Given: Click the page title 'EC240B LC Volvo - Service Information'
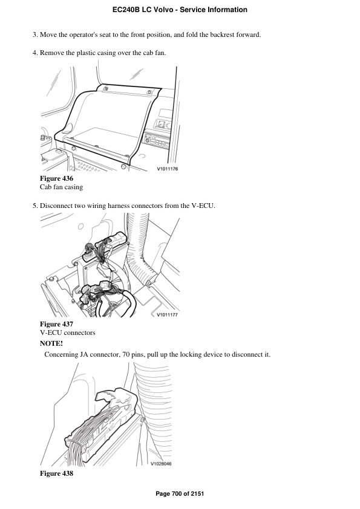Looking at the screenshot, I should [180, 10].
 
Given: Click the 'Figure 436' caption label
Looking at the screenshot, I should [56, 179].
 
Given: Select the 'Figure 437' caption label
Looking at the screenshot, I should [56, 325].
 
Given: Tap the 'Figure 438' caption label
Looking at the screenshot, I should [56, 473].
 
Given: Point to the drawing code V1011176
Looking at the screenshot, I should [167, 169].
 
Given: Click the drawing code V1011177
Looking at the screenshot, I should [167, 315].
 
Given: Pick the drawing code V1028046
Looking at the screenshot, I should [161, 464].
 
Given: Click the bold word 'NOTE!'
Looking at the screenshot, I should [51, 343].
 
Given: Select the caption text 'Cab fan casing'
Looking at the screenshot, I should [61, 187].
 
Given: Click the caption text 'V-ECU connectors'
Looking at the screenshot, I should [67, 333].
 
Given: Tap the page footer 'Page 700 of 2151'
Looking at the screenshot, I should [180, 494].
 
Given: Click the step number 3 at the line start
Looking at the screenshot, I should [34, 34].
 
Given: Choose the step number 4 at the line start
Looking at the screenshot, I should [34, 53].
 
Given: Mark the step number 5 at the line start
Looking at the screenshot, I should [34, 206].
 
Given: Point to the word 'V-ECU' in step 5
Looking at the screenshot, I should [205, 206].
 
